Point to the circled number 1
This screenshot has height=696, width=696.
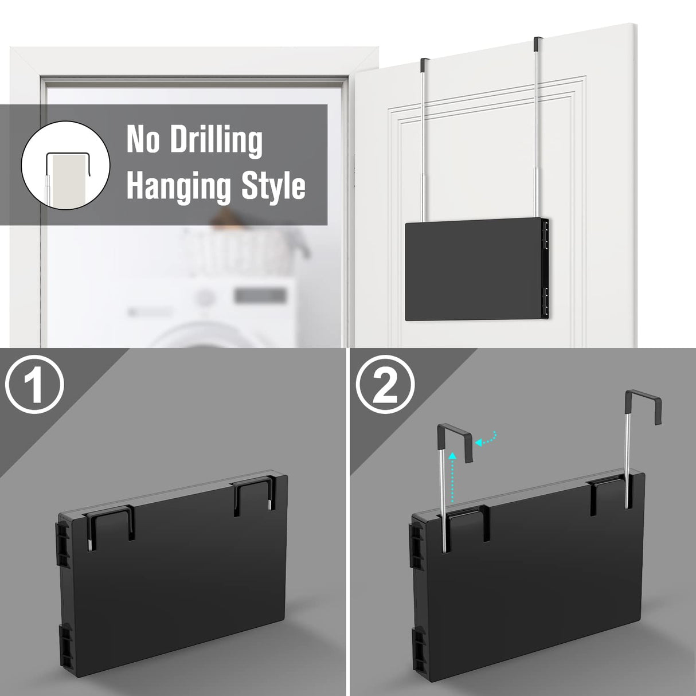click(35, 390)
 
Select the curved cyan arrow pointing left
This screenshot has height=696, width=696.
click(488, 439)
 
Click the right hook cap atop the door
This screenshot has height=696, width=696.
click(537, 44)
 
